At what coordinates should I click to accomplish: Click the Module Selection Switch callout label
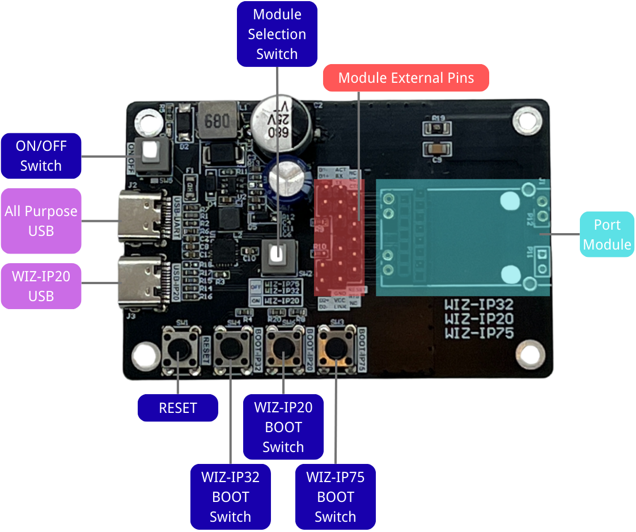pyautogui.click(x=277, y=34)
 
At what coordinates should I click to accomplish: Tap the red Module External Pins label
pyautogui.click(x=406, y=78)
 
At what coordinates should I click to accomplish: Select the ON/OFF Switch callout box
pyautogui.click(x=41, y=156)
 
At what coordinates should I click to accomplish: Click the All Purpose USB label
pyautogui.click(x=41, y=221)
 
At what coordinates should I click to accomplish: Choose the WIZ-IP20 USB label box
pyautogui.click(x=41, y=286)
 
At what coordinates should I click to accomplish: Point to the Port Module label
pyautogui.click(x=607, y=235)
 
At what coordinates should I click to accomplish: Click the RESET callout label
pyautogui.click(x=177, y=408)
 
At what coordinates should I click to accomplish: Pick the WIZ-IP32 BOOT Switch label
pyautogui.click(x=230, y=497)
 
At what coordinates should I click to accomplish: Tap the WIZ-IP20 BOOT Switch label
pyautogui.click(x=283, y=427)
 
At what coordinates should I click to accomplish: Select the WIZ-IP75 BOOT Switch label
pyautogui.click(x=336, y=497)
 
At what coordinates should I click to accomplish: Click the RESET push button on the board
pyautogui.click(x=181, y=349)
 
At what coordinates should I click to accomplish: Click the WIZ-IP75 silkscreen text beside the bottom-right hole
pyautogui.click(x=479, y=333)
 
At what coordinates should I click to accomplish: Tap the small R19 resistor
pyautogui.click(x=438, y=128)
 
